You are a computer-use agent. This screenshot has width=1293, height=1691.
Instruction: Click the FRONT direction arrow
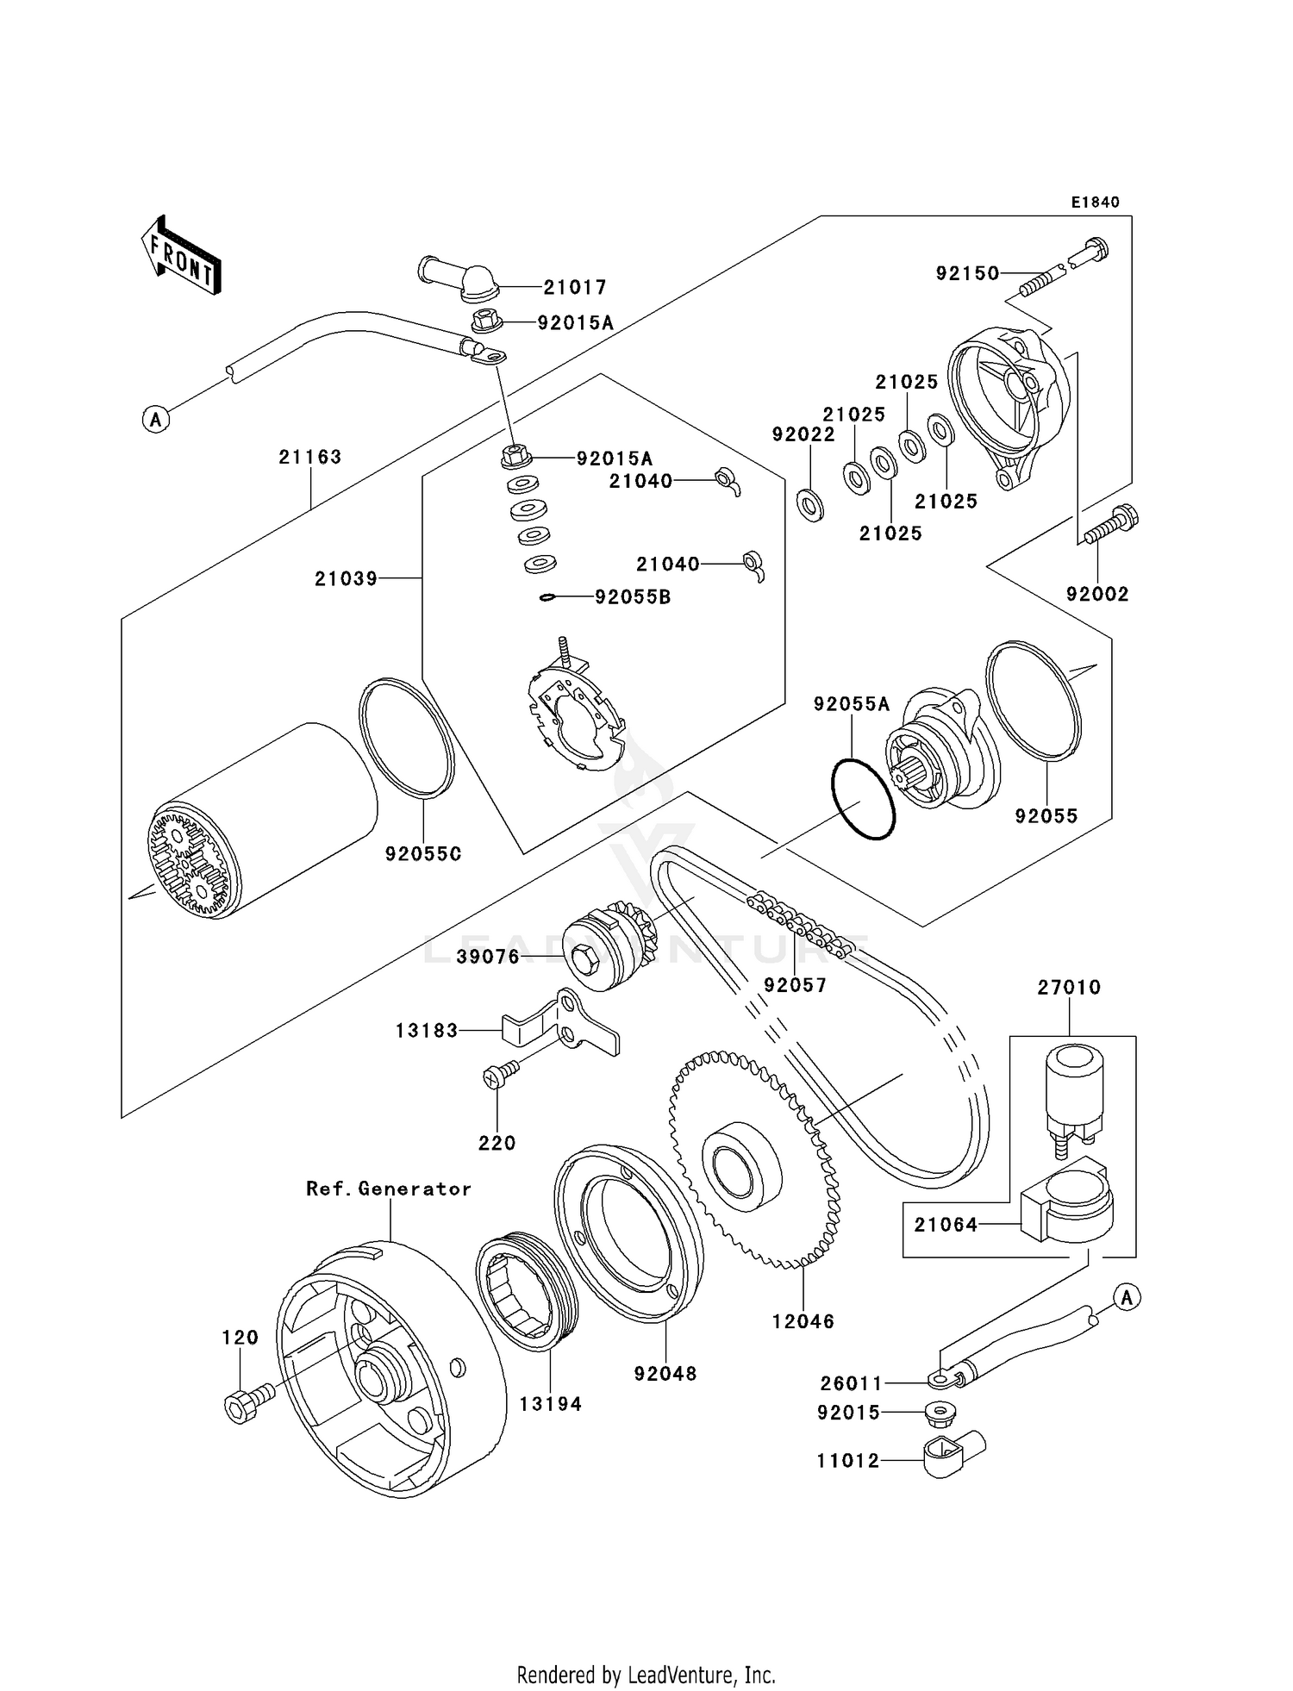[x=181, y=255]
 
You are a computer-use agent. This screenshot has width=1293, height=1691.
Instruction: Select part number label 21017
[x=574, y=287]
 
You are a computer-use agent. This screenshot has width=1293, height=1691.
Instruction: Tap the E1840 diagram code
[x=1095, y=203]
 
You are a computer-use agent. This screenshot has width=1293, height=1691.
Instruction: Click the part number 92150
[x=967, y=273]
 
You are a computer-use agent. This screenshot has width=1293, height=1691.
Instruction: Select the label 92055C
[x=423, y=854]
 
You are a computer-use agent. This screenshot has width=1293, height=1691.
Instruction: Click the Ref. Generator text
[x=389, y=1189]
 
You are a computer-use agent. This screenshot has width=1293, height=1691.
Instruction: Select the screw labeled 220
[x=500, y=1074]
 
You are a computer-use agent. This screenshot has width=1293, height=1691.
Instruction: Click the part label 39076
[x=488, y=957]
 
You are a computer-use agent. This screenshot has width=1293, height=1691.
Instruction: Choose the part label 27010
[x=1069, y=988]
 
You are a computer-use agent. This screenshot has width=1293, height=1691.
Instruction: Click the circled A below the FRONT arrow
[x=156, y=420]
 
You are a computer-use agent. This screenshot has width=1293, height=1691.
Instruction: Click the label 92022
[x=803, y=435]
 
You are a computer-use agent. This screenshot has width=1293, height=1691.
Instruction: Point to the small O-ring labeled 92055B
[x=547, y=597]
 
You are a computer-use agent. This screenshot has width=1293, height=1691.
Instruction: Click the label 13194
[x=550, y=1404]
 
